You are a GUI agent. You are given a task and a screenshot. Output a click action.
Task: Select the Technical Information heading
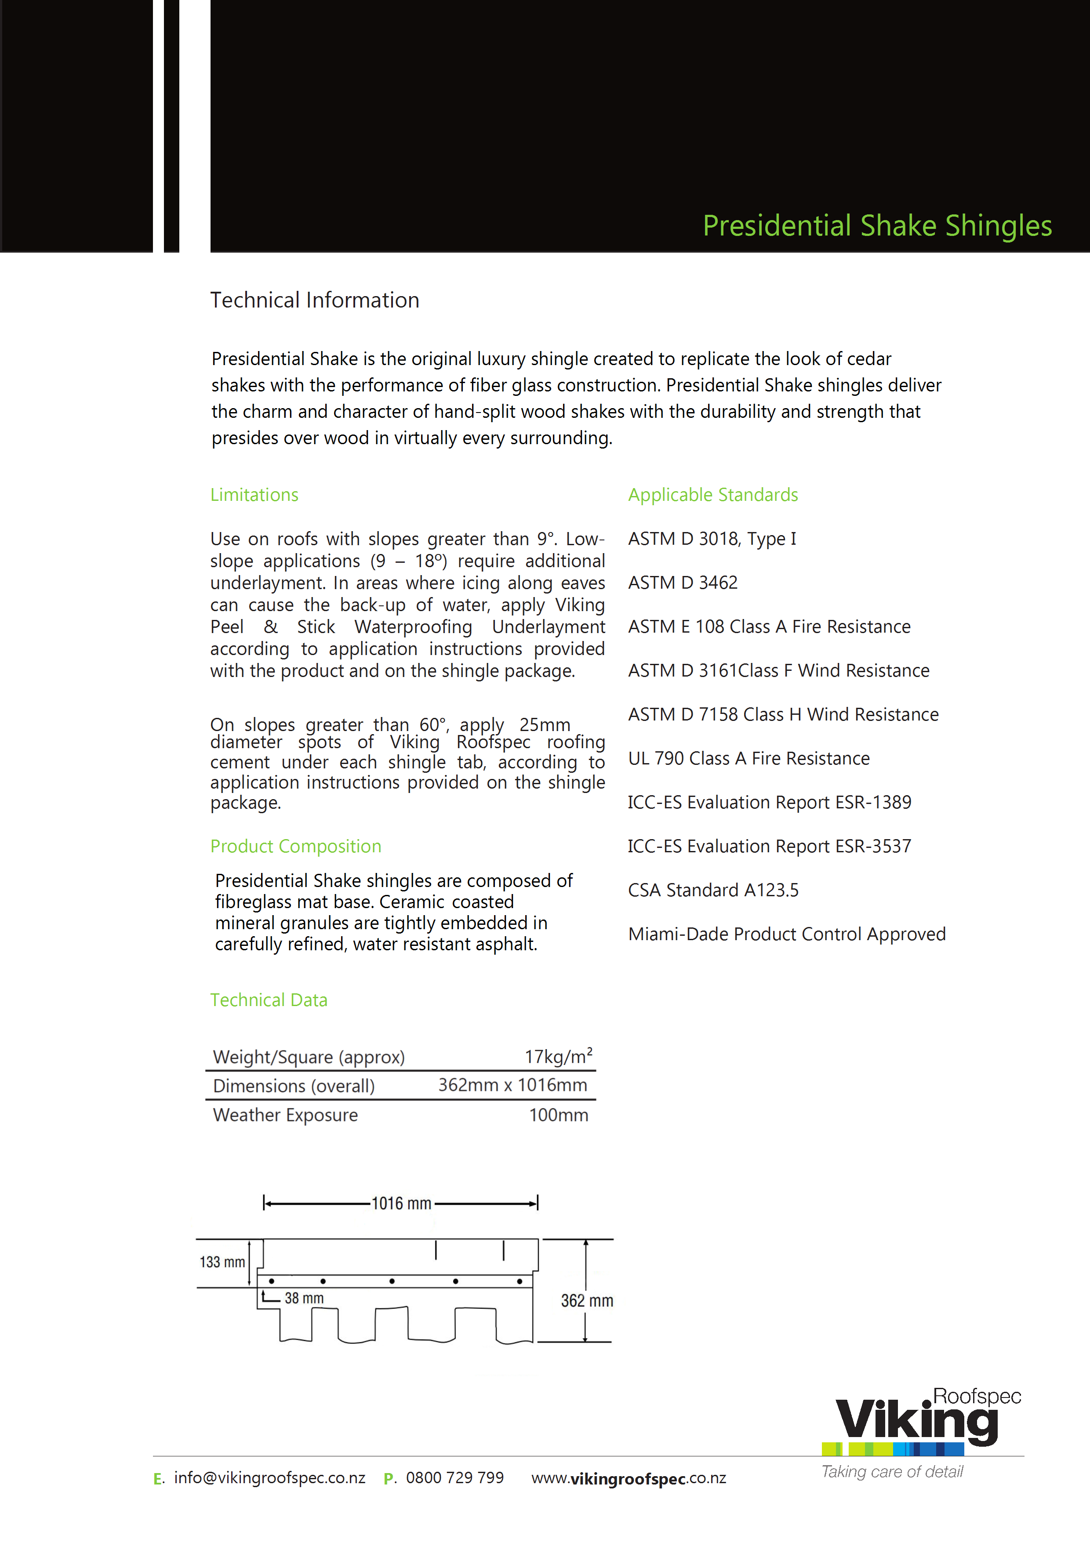[x=315, y=301]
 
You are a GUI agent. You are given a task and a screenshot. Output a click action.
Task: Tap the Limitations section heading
[x=254, y=495]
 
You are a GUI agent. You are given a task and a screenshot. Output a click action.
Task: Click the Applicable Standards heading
[x=713, y=495]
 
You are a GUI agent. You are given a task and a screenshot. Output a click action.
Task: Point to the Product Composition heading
[x=296, y=847]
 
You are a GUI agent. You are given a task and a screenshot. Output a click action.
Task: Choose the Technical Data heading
[x=269, y=1000]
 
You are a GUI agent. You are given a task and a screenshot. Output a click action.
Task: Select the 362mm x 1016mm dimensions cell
[x=512, y=1085]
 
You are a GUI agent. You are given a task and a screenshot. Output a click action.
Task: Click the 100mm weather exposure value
[x=559, y=1115]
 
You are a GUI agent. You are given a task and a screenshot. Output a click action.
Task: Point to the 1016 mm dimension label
[x=402, y=1203]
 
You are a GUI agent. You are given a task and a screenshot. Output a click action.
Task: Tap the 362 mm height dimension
[x=587, y=1301]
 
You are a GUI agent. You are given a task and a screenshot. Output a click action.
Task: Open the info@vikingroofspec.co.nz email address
[x=269, y=1478]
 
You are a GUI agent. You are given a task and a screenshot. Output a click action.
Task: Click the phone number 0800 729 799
[x=455, y=1478]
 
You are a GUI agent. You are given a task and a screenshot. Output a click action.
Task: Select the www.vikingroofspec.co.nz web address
[x=629, y=1478]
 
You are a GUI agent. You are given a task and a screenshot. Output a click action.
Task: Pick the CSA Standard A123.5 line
[x=713, y=890]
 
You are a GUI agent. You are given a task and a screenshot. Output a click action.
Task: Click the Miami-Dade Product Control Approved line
[x=787, y=934]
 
